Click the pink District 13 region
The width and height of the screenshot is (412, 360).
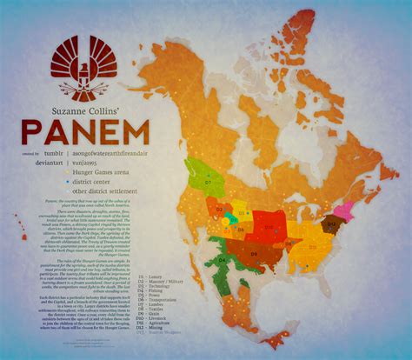[344, 209]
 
